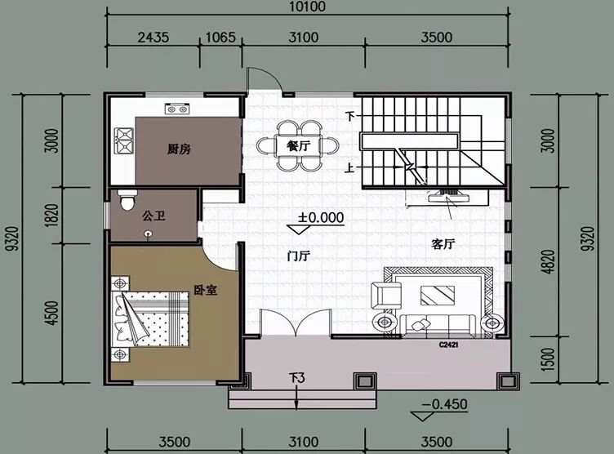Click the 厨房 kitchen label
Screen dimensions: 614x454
[x=179, y=149]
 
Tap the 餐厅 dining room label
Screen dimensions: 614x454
[x=298, y=146]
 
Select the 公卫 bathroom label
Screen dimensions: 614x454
[x=153, y=216]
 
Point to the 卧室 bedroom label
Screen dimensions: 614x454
[x=206, y=290]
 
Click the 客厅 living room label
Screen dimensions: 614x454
[x=443, y=244]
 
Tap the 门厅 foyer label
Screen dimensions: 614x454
[x=298, y=256]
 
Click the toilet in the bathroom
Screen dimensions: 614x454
[x=127, y=200]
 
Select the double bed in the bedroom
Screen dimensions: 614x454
[x=150, y=318]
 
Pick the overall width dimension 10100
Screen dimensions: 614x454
[x=308, y=7]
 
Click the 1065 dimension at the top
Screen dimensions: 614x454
[x=220, y=38]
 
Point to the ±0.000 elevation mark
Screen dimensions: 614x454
[x=321, y=217]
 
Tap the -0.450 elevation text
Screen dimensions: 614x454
[x=444, y=404]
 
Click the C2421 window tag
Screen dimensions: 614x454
[x=449, y=345]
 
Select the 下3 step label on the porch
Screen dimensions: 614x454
[x=297, y=378]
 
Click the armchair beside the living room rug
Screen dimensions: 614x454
[x=386, y=296]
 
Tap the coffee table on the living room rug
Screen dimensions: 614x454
[x=438, y=296]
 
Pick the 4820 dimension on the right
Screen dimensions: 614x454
[x=550, y=261]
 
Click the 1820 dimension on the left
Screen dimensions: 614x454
[x=52, y=215]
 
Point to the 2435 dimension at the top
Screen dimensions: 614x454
[x=153, y=38]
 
